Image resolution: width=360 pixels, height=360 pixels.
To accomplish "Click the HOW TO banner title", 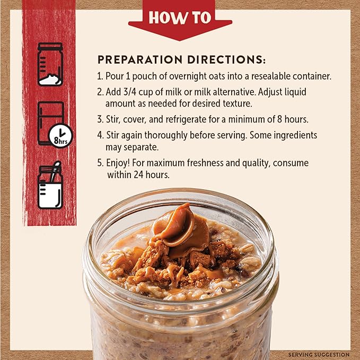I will pyautogui.click(x=180, y=17).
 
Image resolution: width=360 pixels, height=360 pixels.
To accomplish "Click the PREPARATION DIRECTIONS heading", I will pyautogui.click(x=181, y=59).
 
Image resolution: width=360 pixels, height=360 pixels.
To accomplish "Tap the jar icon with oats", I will pyautogui.click(x=50, y=64).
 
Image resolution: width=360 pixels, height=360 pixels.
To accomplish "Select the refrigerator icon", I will pyautogui.click(x=50, y=121).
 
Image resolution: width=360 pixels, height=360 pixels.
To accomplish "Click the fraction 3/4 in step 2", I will pyautogui.click(x=131, y=92).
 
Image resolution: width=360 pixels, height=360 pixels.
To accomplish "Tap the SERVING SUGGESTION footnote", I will pyautogui.click(x=319, y=354).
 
